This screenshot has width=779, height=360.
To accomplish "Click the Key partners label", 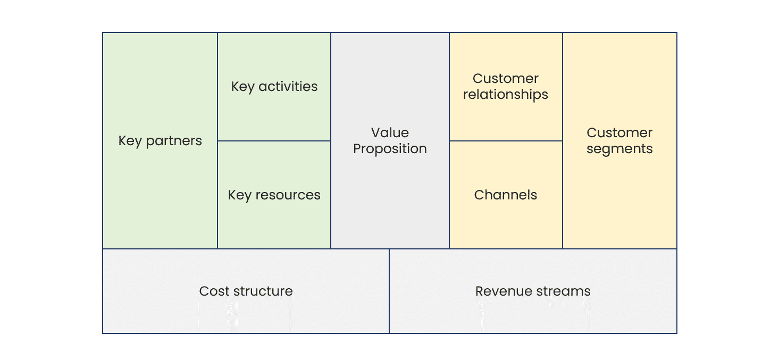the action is click(x=160, y=141).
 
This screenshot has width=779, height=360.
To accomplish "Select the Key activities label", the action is click(x=274, y=87).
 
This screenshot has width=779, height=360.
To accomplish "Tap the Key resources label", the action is click(x=274, y=196).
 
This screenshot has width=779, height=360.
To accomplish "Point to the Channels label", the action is click(x=505, y=195).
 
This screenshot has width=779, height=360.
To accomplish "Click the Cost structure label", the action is click(x=246, y=291).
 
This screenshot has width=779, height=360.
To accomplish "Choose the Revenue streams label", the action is click(x=533, y=291).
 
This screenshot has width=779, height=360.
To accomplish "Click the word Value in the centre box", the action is click(x=390, y=132).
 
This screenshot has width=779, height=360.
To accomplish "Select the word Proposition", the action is click(x=390, y=149).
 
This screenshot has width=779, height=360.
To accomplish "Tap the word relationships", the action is click(x=505, y=95).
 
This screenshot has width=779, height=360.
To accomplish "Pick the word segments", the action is click(x=619, y=149).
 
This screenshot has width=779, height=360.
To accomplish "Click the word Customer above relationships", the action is click(x=505, y=78).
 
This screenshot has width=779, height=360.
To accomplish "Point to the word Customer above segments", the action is click(x=619, y=132).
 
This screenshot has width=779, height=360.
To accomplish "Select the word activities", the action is click(x=288, y=87).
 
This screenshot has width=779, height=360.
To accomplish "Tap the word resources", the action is click(x=288, y=195).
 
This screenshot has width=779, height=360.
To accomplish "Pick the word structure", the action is click(x=263, y=291).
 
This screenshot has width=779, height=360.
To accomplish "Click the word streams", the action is click(x=562, y=291).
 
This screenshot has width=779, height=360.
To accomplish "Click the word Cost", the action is click(x=214, y=291).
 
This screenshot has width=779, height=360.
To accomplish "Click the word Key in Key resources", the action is click(x=240, y=196).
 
